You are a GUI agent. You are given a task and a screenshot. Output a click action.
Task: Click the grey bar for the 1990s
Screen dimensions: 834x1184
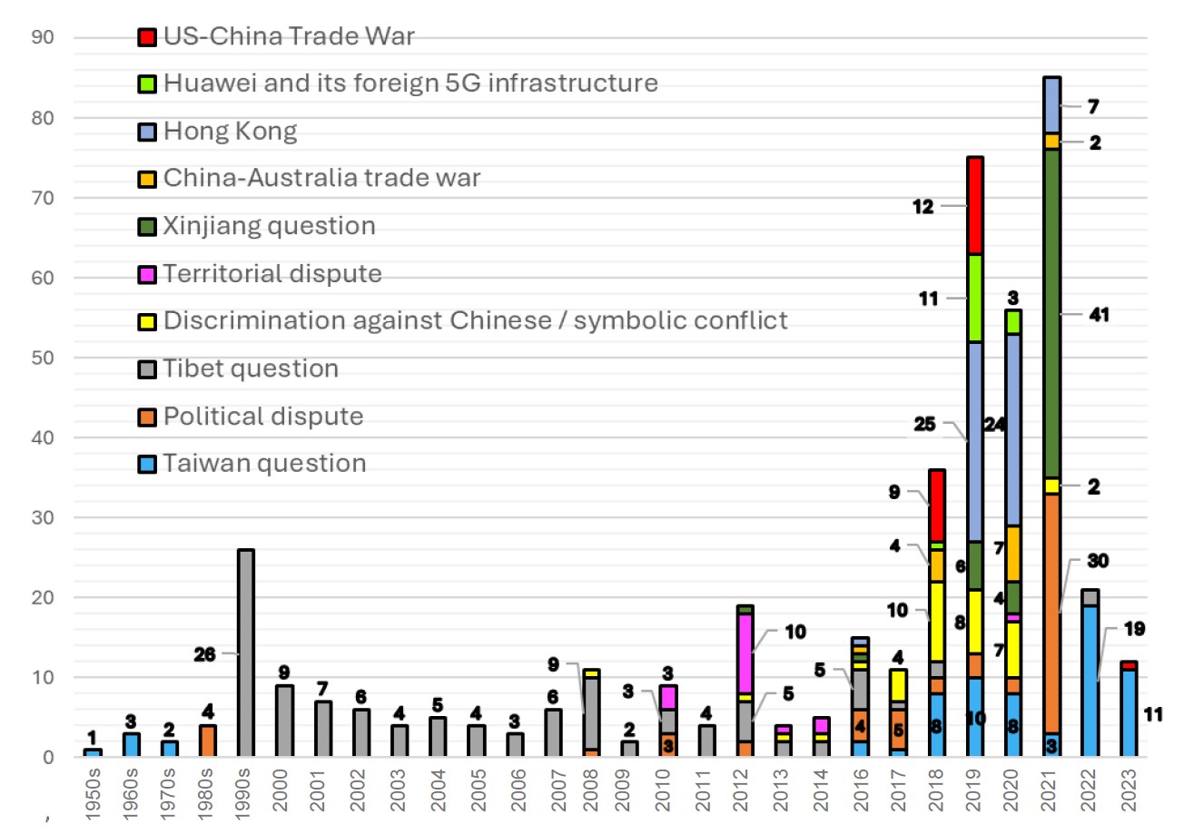tap(245, 653)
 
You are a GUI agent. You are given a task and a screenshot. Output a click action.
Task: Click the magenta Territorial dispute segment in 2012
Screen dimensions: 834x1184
tap(746, 654)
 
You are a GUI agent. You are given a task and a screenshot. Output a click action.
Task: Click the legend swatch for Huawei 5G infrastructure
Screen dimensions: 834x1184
tap(147, 84)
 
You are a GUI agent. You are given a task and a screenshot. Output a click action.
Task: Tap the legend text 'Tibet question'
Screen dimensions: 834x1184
tap(251, 368)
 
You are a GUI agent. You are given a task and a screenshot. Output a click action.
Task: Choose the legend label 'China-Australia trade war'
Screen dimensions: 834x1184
tap(321, 179)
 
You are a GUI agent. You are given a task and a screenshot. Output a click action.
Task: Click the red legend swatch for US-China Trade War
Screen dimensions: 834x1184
tap(147, 37)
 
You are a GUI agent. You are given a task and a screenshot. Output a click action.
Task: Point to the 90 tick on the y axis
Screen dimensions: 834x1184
tap(44, 38)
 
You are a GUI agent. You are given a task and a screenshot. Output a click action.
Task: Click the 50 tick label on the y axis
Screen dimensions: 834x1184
tap(44, 358)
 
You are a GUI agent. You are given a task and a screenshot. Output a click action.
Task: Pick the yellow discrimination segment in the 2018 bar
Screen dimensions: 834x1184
tap(937, 622)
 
